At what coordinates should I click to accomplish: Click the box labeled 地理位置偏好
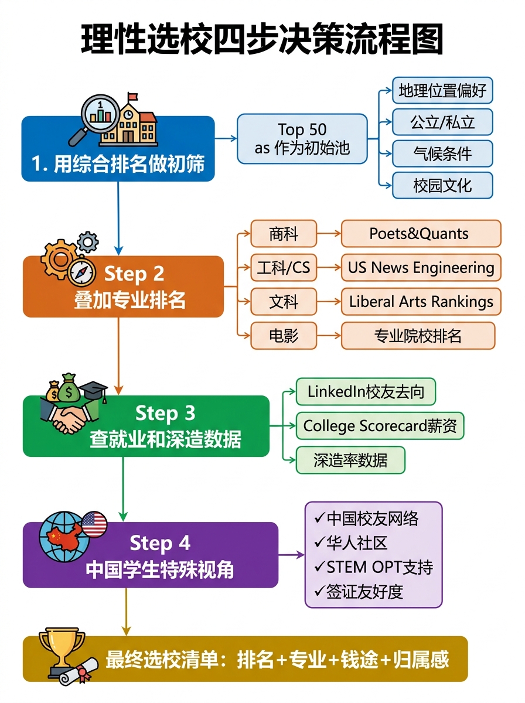442,91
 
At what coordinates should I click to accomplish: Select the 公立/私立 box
442,122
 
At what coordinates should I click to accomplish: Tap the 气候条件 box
442,153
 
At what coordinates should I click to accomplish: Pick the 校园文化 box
442,185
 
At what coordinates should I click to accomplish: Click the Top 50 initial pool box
302,138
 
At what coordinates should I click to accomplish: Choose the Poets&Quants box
421,233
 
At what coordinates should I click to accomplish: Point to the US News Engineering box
421,268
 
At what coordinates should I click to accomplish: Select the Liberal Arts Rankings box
421,302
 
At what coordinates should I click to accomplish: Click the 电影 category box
284,336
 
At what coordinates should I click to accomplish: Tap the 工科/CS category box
284,268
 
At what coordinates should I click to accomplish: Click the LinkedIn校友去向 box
366,391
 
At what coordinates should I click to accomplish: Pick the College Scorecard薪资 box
380,425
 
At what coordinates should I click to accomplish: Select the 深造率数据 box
350,460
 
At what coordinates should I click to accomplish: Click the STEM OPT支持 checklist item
373,567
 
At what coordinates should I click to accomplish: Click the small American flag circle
94,523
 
